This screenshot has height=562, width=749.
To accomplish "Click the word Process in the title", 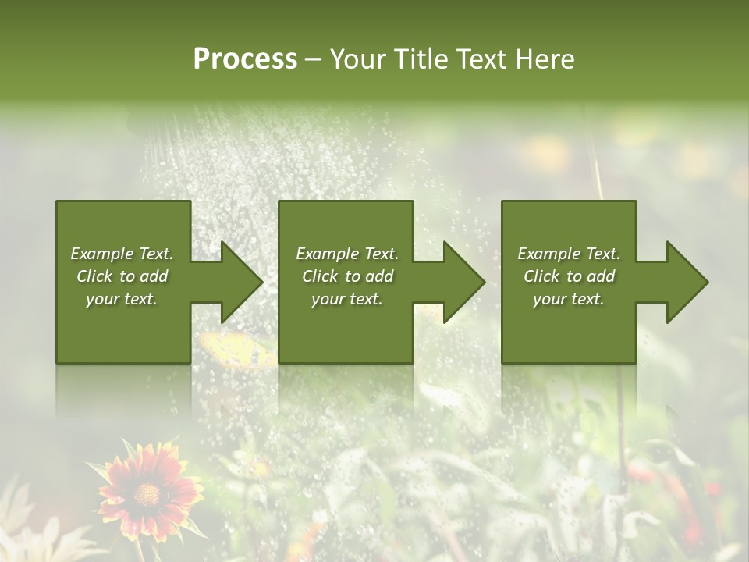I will (x=245, y=59).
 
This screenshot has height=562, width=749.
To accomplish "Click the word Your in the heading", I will (x=358, y=59).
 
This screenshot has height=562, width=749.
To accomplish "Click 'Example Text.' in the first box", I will (x=122, y=254).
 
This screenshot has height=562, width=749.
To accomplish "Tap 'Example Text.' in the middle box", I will (x=347, y=254).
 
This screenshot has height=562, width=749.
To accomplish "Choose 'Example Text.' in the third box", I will (x=569, y=254).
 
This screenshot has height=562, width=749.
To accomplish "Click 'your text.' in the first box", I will (x=122, y=299).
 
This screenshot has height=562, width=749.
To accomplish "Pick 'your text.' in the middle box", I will (x=347, y=299).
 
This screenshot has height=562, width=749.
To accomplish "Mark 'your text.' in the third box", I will (x=569, y=299).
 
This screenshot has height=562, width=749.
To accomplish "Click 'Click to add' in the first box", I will (x=122, y=276).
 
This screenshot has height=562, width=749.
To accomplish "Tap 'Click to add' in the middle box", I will (x=347, y=276).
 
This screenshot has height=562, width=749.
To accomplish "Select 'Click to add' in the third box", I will (x=569, y=276).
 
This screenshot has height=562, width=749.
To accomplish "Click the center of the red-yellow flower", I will (x=147, y=493).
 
